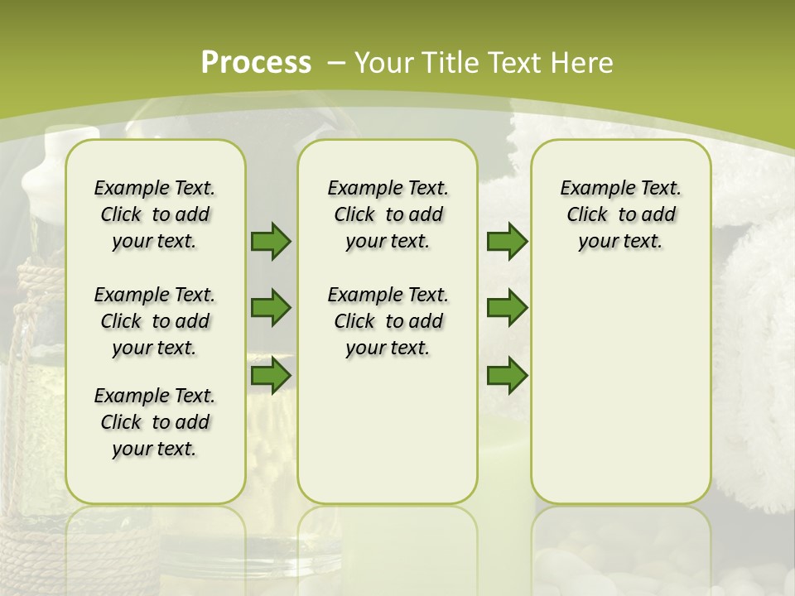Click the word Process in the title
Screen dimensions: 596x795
[x=256, y=63]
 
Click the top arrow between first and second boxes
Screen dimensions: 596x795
[x=271, y=241]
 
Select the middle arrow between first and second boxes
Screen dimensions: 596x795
[x=271, y=308]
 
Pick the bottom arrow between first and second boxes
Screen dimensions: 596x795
[x=271, y=375]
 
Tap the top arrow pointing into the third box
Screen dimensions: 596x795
[x=507, y=241]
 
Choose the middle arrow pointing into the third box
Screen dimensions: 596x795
[x=507, y=308]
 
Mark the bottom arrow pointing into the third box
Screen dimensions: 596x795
[x=507, y=375]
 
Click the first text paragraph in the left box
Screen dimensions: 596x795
[x=155, y=214]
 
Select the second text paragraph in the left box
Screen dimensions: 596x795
[x=155, y=321]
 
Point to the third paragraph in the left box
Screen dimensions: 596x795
[x=155, y=422]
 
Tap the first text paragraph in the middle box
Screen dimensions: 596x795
[x=388, y=214]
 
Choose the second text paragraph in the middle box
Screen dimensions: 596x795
[x=388, y=321]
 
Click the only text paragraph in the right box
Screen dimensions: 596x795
[x=620, y=214]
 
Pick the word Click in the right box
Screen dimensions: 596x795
[x=587, y=215]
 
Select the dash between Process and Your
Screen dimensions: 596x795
[x=336, y=63]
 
